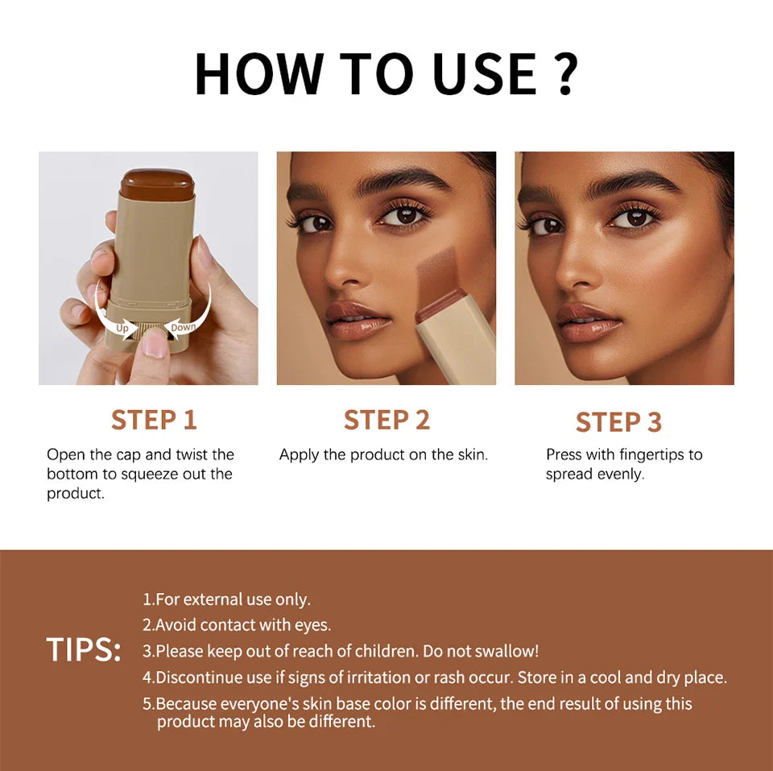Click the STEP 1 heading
coord(154,420)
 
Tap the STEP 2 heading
coord(386,420)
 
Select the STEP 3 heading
coord(618,422)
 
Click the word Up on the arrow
coord(122,328)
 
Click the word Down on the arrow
coord(183,326)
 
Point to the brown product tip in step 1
coord(158,183)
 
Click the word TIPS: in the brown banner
coord(83,650)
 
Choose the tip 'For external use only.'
coord(226,599)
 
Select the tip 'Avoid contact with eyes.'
coord(237,624)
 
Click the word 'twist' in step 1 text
coord(186,455)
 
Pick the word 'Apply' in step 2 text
coord(300,455)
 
